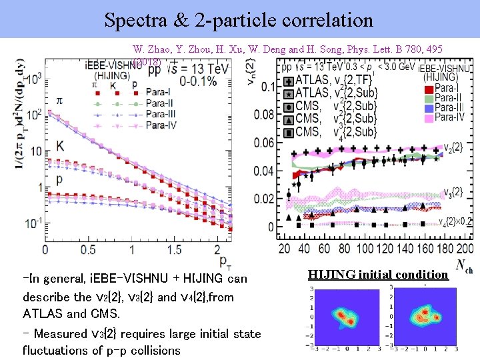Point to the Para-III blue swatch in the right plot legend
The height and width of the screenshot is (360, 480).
click(x=430, y=108)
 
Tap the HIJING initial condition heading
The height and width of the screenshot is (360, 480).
click(x=379, y=274)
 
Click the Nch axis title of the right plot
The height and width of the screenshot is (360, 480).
click(x=463, y=265)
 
